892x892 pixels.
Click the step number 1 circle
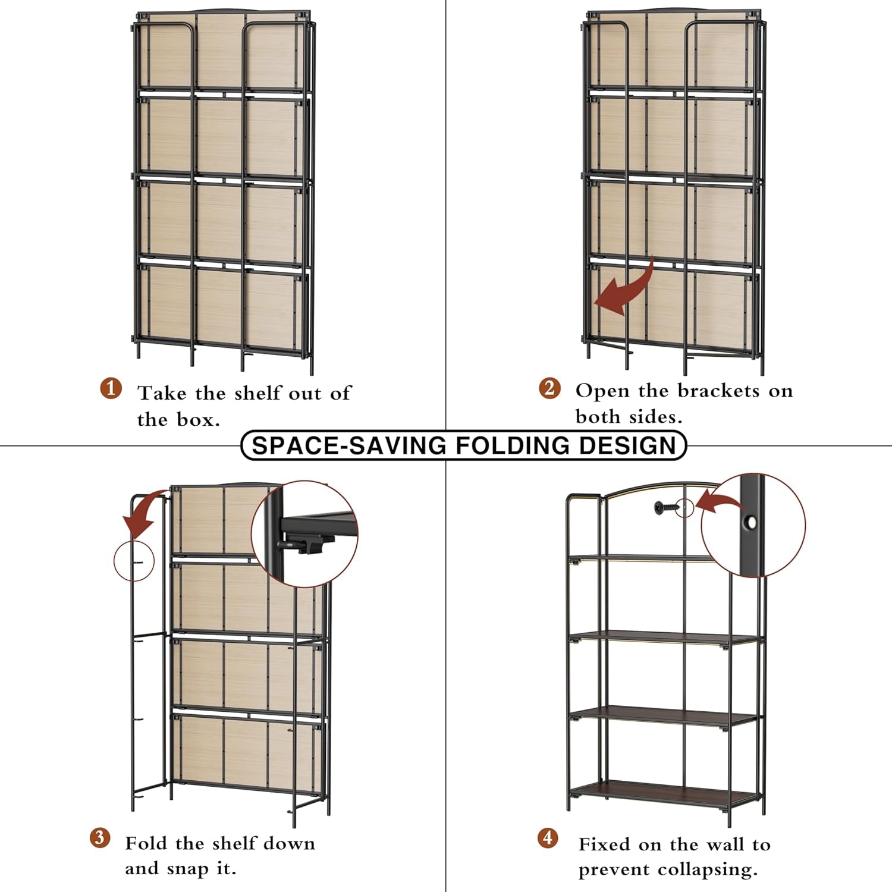coord(111,388)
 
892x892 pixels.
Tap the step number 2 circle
coord(549,388)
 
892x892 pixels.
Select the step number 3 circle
coord(100,838)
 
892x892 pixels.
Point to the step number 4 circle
coord(548,838)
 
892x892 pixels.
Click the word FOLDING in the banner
coord(513,445)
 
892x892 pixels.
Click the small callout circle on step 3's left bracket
coord(134,561)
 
